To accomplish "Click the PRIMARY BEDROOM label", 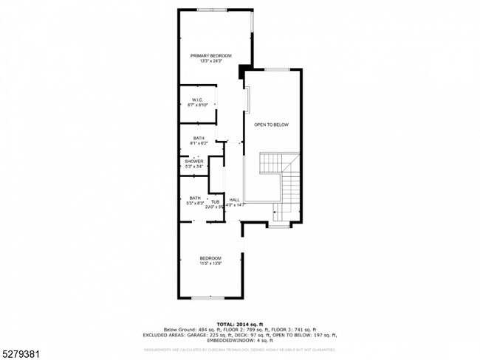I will tap(210, 56).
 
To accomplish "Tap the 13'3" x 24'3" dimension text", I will tap(210, 61).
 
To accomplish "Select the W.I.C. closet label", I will tap(197, 100).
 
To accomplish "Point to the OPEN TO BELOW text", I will tap(271, 125).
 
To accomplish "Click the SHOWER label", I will tap(194, 162).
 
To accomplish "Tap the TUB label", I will tap(215, 201).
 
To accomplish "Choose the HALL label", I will tap(234, 200).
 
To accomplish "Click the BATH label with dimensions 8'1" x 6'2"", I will tap(199, 138).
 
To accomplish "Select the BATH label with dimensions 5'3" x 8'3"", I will tap(195, 198).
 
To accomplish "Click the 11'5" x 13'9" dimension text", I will tap(210, 263).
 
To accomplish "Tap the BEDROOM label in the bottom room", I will tap(210, 257).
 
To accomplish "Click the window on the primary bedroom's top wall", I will tap(212, 9).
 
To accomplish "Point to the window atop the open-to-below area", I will tap(277, 69).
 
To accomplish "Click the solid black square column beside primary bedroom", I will tap(241, 72).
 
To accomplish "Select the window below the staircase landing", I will tap(278, 226).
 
